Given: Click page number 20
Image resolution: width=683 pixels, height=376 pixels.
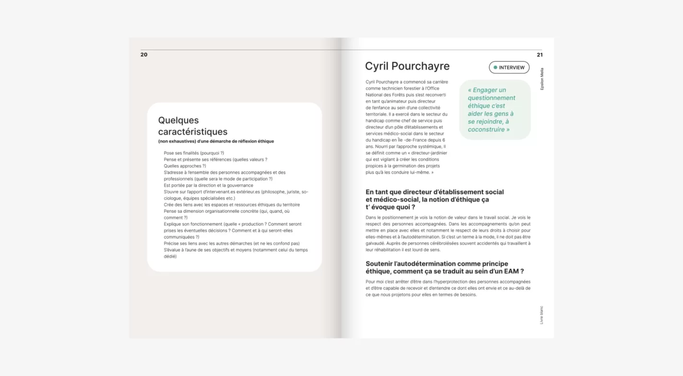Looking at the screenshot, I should (x=144, y=55).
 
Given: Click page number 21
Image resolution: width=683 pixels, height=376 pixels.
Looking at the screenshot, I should (x=540, y=55).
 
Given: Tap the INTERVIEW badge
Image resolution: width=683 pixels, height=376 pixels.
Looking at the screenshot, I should (x=509, y=68).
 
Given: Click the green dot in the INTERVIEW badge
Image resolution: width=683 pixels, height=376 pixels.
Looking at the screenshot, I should (x=495, y=68).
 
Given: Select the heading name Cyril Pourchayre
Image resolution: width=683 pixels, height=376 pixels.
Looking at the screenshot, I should (x=407, y=66).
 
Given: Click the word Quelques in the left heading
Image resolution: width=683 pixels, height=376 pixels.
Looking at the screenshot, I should (x=178, y=120).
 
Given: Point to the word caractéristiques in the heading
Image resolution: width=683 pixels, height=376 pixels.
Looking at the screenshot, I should (x=193, y=132).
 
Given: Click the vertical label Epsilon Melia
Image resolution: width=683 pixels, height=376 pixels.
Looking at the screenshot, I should (x=542, y=79).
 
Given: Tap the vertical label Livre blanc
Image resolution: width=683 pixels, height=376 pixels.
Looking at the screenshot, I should (x=542, y=315).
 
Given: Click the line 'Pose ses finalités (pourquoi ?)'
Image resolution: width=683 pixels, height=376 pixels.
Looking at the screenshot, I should (x=194, y=153).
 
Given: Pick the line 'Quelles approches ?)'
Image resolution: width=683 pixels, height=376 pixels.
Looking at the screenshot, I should (x=185, y=166).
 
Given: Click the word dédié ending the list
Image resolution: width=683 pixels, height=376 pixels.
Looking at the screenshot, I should (x=170, y=256).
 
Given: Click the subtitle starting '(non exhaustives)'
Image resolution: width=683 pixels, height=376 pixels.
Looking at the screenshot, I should (x=216, y=141).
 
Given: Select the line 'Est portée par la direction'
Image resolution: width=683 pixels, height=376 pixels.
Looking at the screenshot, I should (x=208, y=185).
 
